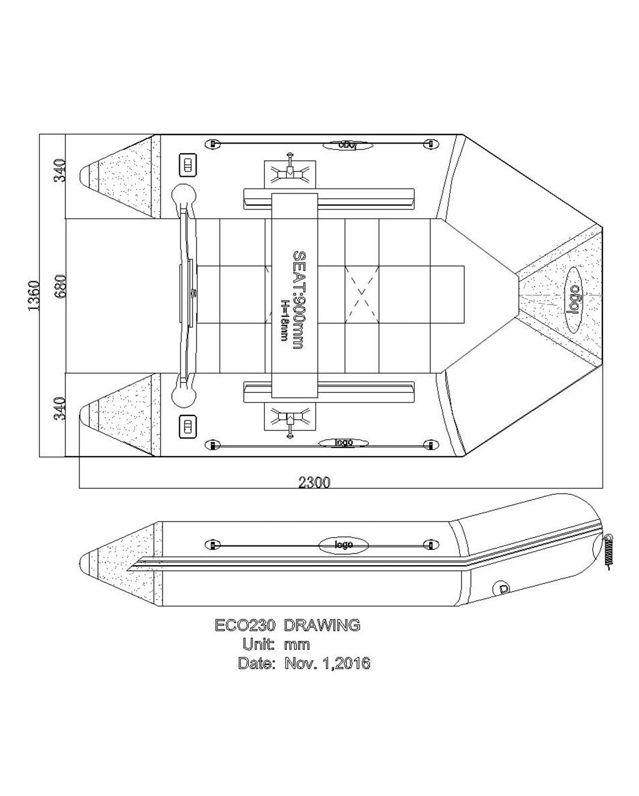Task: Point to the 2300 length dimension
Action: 314,482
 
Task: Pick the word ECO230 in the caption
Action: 245,625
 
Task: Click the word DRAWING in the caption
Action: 322,625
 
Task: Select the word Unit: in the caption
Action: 258,644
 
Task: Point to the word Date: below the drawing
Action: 256,663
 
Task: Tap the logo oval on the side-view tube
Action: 344,545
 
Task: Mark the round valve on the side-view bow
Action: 500,588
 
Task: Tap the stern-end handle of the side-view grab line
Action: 212,545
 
